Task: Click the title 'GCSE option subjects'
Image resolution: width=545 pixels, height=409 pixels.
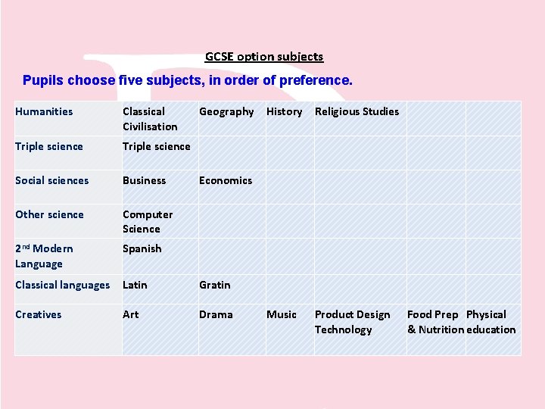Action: tap(264, 57)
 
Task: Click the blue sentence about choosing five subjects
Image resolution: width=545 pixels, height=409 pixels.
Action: tap(187, 80)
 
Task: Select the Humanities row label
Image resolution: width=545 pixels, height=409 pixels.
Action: tap(44, 111)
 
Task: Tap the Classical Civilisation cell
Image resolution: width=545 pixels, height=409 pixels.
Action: tap(150, 119)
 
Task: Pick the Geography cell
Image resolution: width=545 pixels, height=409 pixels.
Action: tap(226, 111)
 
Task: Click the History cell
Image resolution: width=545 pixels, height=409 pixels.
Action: tap(284, 111)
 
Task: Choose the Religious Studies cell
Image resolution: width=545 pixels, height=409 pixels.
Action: tap(357, 111)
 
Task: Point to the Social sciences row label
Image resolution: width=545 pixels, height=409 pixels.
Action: tap(51, 180)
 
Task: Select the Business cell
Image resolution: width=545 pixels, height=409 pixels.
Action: tap(144, 180)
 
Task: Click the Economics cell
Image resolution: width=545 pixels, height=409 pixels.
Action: tap(226, 180)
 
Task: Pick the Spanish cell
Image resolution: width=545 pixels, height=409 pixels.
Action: tap(142, 248)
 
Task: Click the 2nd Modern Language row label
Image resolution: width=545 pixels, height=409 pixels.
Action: tap(44, 256)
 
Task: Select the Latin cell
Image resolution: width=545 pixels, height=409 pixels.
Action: tap(135, 285)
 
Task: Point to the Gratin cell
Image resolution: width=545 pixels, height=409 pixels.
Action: tap(215, 285)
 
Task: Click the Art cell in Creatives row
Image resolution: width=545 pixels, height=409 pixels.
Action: tap(131, 314)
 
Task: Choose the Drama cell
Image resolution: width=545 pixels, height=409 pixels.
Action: tap(216, 314)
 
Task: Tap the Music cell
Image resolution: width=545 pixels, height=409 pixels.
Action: tap(282, 314)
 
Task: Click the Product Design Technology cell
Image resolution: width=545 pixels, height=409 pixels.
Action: tap(352, 322)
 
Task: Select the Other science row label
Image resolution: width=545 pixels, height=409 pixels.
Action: tap(49, 214)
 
